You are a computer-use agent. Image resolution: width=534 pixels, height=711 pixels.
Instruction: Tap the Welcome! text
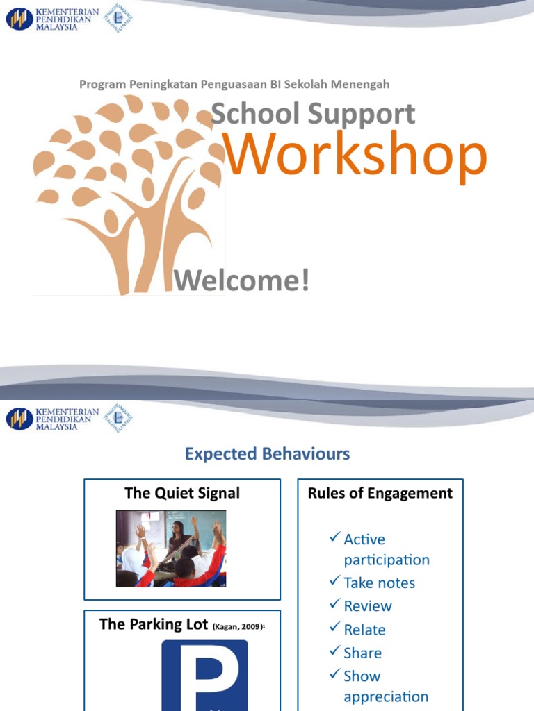click(x=241, y=281)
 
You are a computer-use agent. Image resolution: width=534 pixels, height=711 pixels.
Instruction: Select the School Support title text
click(x=313, y=114)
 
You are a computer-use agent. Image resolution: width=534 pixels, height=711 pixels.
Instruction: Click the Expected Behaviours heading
click(x=267, y=454)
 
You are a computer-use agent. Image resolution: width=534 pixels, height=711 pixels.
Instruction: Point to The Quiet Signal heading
click(x=182, y=493)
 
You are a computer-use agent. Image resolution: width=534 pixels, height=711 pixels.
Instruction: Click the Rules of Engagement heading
click(x=380, y=493)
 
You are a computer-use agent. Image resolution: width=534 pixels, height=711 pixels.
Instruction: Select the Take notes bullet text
click(x=379, y=583)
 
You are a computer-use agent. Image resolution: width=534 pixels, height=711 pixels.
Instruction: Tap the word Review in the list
click(x=368, y=606)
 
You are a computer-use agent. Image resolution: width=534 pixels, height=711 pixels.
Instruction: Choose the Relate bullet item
click(x=364, y=630)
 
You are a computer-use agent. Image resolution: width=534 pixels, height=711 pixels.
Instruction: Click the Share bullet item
click(x=362, y=653)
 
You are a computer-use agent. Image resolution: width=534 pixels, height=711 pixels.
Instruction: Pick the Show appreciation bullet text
click(x=385, y=686)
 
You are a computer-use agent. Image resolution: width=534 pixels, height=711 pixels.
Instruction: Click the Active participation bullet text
click(x=387, y=549)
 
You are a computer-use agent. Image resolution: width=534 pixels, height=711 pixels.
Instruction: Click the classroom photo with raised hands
click(x=171, y=549)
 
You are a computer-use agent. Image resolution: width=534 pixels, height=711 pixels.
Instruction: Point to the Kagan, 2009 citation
click(x=238, y=626)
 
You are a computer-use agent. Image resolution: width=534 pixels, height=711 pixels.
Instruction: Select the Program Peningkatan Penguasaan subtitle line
click(x=234, y=84)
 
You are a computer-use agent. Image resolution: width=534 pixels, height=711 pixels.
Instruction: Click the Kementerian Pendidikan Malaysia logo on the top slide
click(x=52, y=19)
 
